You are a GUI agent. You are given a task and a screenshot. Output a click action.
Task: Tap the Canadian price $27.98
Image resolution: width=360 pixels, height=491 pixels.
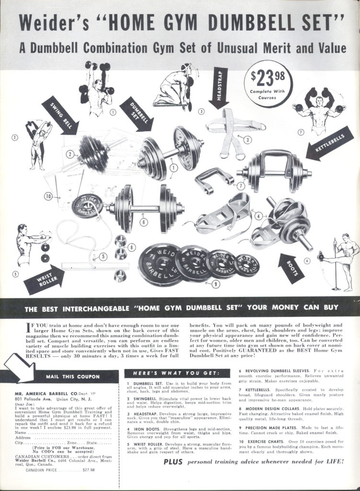point(88,470)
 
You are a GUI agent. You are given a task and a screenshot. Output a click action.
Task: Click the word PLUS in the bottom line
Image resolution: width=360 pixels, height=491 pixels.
point(173,461)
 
